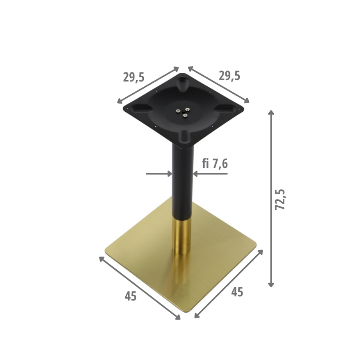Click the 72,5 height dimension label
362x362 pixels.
280,200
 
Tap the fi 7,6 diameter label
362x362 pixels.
215,164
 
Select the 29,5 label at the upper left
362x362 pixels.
133,77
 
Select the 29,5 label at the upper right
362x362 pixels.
229,76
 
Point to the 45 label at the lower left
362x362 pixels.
131,296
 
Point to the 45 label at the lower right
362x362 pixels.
237,292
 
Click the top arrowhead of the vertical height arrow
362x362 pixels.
271,112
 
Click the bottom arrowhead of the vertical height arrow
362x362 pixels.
271,285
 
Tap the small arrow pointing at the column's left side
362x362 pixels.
159,174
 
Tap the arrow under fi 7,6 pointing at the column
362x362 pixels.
210,174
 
